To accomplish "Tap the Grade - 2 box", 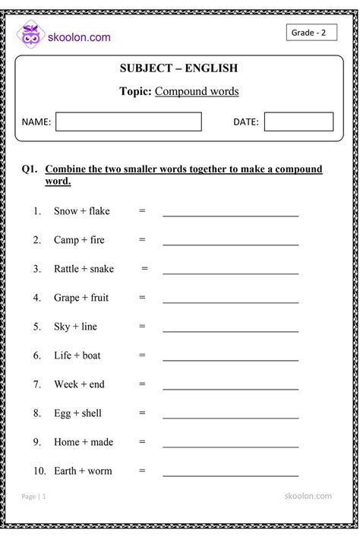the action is [x=311, y=33].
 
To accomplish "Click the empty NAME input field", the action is [x=128, y=122].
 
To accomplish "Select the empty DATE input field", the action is [x=298, y=122].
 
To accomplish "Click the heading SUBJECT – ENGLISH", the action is [x=178, y=68].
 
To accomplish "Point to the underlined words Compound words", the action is [x=197, y=91].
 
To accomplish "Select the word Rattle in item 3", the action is [x=68, y=269].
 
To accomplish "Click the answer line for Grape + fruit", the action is [x=230, y=302].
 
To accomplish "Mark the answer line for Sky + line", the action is [x=230, y=331].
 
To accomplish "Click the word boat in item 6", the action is [x=91, y=355].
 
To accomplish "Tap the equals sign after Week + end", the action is [x=142, y=384].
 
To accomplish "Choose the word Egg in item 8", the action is [x=62, y=414].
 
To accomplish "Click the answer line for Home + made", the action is [x=230, y=447].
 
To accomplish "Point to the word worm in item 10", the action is [x=99, y=471].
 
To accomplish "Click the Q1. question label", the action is [x=30, y=169].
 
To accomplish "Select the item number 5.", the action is [x=36, y=327].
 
